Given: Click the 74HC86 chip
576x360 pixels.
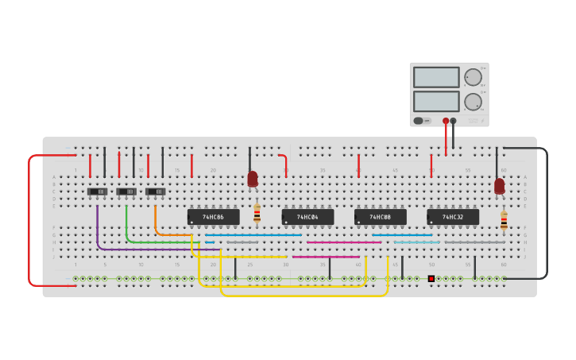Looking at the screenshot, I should [213, 217].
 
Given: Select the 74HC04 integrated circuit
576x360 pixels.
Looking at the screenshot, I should [307, 217].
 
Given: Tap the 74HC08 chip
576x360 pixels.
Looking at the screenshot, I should [380, 217].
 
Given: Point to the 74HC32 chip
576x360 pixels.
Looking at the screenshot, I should [452, 217].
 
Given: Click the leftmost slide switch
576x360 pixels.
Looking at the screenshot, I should [98, 192].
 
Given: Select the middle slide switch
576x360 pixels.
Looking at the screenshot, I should [126, 192].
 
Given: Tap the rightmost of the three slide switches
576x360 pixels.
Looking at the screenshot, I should [156, 192].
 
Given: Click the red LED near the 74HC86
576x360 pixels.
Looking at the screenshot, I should [253, 179].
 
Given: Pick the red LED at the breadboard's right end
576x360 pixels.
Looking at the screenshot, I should [499, 186].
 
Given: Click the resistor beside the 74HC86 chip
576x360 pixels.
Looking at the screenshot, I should [257, 213].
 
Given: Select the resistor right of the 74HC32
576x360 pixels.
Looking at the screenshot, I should [504, 220].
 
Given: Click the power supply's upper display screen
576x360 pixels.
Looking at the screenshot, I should [436, 77].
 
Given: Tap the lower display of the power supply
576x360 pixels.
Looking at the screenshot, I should [436, 101].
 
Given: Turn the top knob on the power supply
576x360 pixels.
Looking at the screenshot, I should [473, 77].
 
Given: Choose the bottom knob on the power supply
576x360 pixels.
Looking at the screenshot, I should [473, 102].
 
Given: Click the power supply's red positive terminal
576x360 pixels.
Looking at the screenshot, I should [446, 121].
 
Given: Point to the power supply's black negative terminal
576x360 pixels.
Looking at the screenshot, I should [453, 121].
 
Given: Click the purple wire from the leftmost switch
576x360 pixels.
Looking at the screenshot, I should [98, 230].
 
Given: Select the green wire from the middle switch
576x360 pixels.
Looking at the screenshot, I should [127, 226].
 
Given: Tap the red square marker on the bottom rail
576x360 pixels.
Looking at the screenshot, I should [431, 278].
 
